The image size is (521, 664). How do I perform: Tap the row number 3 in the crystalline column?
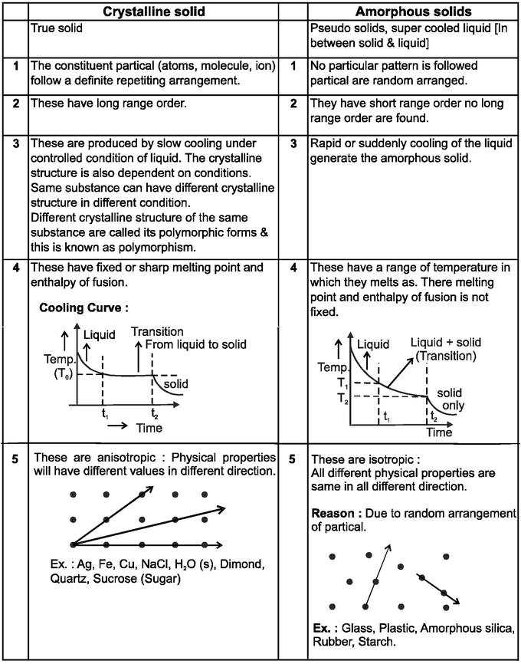point(15,143)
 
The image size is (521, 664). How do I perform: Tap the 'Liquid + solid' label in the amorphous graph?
point(446,342)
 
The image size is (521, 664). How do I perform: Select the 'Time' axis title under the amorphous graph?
point(439,432)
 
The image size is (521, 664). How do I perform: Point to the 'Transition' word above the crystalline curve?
point(157,331)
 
